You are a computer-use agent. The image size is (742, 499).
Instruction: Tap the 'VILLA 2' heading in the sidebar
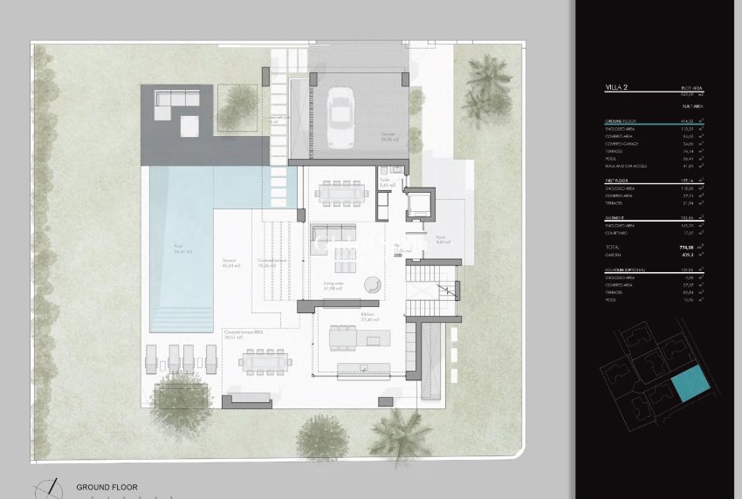tap(618, 88)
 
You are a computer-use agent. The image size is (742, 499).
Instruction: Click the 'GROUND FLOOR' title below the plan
tap(106, 488)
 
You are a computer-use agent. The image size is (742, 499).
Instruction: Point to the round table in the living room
tap(373, 284)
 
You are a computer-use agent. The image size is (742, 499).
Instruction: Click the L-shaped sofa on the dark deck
tap(175, 106)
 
